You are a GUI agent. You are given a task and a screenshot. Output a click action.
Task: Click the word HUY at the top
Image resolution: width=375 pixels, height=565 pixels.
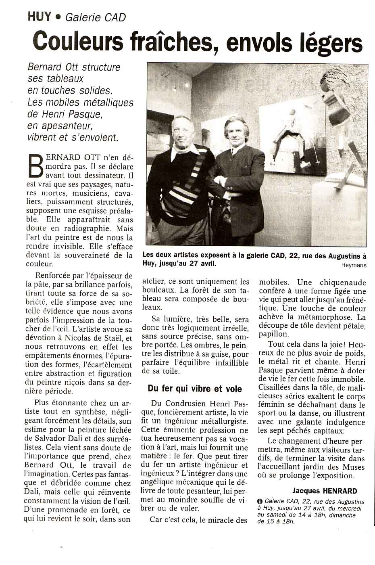click(x=39, y=17)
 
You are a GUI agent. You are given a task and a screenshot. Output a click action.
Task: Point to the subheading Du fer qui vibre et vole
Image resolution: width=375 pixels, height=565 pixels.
click(x=195, y=389)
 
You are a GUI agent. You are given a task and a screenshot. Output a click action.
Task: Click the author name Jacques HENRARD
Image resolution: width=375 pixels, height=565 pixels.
click(x=325, y=491)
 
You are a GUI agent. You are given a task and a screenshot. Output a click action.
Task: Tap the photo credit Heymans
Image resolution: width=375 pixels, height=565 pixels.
click(x=354, y=265)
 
